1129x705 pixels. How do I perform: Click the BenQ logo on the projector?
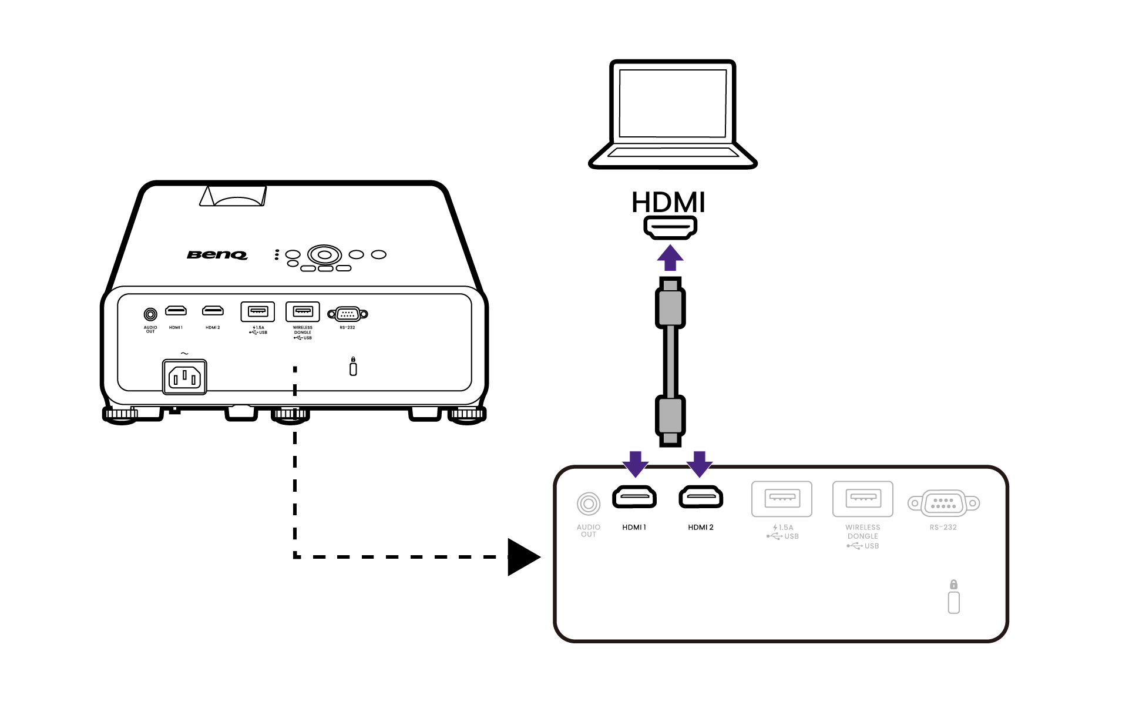[217, 254]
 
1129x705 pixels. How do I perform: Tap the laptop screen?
[673, 103]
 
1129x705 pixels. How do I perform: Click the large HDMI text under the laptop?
[668, 203]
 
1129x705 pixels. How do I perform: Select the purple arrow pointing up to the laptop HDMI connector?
[670, 258]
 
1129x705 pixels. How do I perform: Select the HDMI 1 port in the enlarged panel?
[634, 498]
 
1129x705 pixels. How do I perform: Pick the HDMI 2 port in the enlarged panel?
[701, 498]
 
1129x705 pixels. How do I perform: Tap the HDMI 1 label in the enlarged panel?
[634, 528]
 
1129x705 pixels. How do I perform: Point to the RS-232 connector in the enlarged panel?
[943, 503]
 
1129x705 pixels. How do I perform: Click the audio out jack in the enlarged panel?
[588, 504]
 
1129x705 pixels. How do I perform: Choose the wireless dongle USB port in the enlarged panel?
[862, 499]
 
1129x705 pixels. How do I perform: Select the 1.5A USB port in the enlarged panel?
[782, 499]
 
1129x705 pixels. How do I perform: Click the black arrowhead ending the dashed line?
[523, 556]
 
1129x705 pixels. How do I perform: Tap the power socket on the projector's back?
[184, 377]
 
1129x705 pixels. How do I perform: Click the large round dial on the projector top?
[324, 255]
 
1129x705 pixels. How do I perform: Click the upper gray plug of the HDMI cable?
[670, 306]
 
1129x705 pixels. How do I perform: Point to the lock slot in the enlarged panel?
[953, 602]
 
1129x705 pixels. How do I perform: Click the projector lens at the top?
[237, 199]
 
